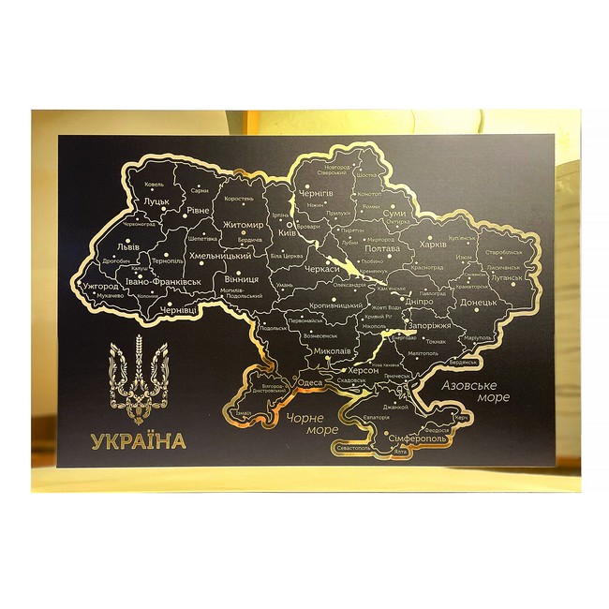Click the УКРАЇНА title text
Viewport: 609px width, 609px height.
[139, 439]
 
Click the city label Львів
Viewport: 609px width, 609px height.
[125, 247]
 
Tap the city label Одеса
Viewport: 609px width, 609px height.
[309, 382]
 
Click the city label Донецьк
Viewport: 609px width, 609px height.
[484, 304]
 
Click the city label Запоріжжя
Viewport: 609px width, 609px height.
[430, 325]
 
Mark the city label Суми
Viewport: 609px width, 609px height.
[394, 215]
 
